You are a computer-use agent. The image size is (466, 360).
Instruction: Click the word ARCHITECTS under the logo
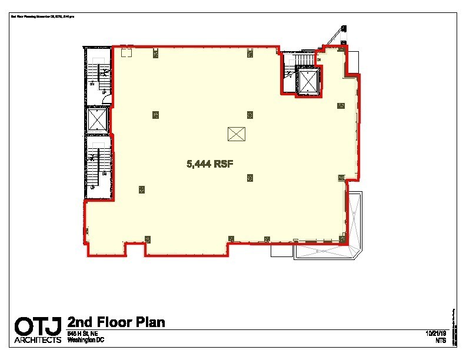click(38, 340)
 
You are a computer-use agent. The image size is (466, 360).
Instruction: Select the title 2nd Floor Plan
click(116, 322)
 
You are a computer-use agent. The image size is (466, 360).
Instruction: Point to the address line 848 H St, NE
click(86, 334)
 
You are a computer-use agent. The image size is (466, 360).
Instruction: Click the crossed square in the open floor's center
click(235, 134)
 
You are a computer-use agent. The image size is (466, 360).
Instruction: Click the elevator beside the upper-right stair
click(308, 81)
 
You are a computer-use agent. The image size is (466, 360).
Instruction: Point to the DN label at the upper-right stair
click(318, 60)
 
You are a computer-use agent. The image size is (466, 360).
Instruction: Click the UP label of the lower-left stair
click(92, 187)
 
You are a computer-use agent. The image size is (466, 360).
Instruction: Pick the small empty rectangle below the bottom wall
click(281, 251)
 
